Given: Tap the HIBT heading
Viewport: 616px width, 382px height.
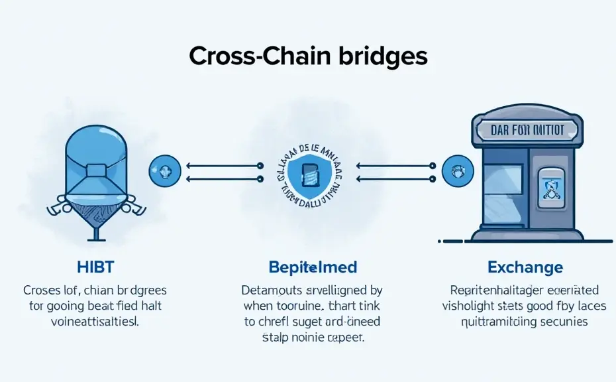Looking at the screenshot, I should point(95,268).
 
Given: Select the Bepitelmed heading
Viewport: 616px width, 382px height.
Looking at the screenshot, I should point(313,268).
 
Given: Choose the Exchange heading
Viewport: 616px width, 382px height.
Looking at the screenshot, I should point(525,268).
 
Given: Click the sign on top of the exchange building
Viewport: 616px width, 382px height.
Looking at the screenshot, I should point(528,129).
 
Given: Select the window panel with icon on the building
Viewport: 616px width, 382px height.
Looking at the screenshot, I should point(549,190).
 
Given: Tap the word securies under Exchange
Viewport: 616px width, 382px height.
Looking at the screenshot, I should point(561,322).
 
